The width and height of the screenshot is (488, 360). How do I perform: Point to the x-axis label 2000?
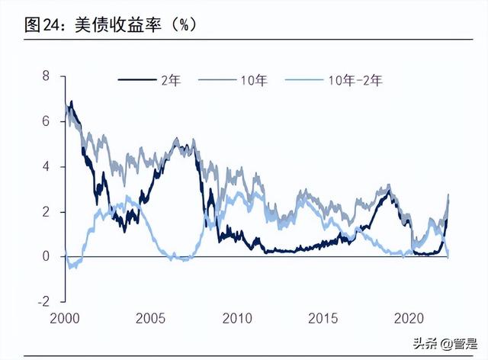(66, 317)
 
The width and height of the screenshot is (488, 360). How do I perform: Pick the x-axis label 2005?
(151, 317)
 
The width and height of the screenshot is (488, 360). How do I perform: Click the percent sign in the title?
(184, 24)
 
